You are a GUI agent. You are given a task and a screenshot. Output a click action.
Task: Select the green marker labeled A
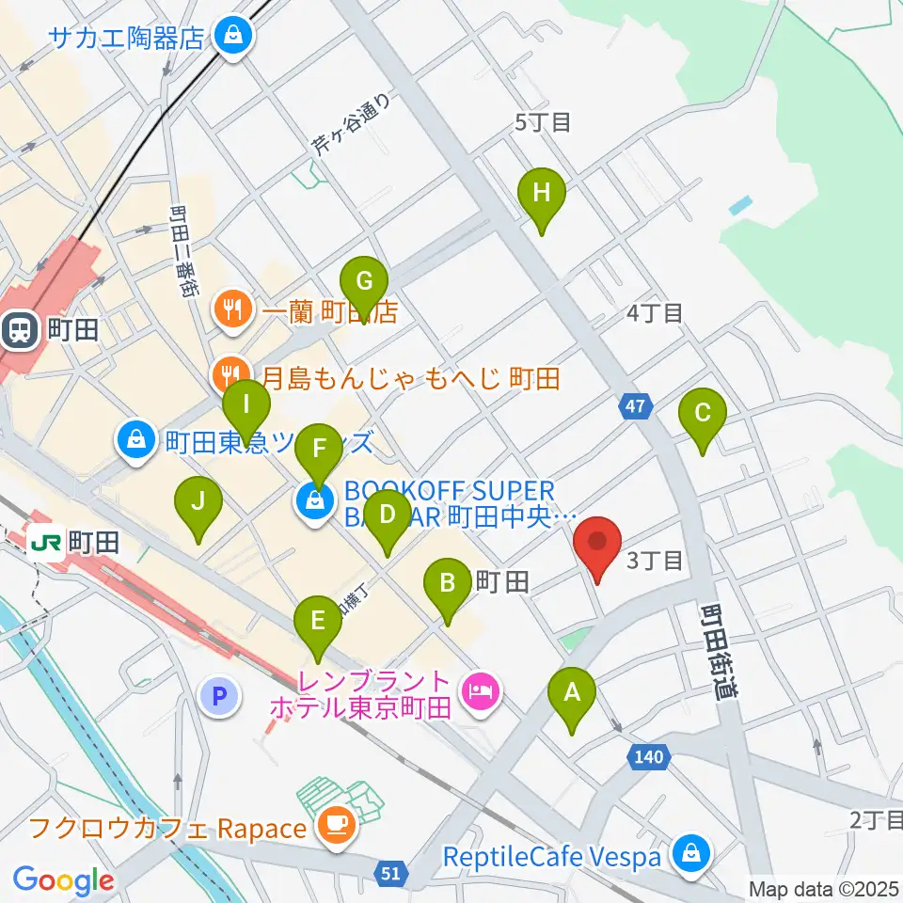[x=571, y=695]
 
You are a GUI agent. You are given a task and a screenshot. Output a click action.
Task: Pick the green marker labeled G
[x=363, y=283]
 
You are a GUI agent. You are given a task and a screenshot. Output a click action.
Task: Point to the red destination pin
[x=597, y=547]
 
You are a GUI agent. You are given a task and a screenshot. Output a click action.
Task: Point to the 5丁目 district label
[x=544, y=122]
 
